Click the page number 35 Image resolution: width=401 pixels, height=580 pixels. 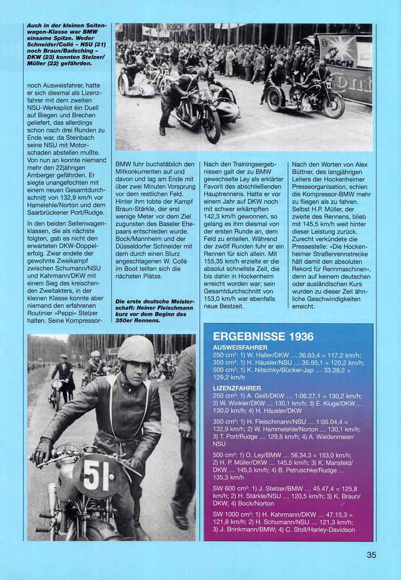371,555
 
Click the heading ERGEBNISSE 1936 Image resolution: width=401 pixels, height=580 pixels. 263,337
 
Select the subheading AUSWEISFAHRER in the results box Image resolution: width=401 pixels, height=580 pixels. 240,348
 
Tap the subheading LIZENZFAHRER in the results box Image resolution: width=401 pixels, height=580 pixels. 237,388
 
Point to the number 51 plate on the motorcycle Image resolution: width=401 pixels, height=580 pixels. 95,474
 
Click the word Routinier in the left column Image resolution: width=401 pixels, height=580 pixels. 42,312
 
